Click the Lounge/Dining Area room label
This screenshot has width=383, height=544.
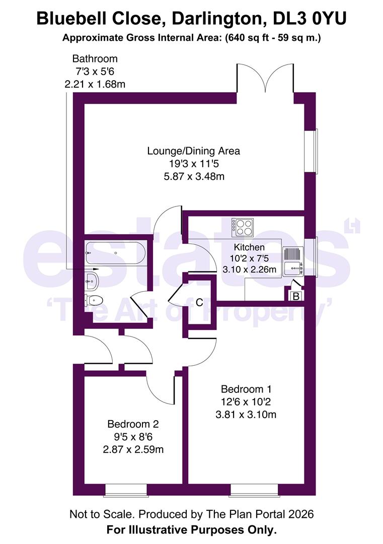coord(193,151)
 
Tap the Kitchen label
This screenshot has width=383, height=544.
coord(249,247)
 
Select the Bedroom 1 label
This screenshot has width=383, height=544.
coord(247,389)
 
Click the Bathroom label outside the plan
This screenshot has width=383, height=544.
coord(95,59)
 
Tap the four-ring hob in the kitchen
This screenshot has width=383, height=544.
coord(242,227)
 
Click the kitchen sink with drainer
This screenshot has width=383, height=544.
coord(292,261)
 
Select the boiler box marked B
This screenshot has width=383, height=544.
coord(296,296)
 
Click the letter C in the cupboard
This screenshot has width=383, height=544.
coord(199,303)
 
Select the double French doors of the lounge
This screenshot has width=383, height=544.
coord(264,79)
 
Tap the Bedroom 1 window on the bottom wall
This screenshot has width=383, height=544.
coord(254,489)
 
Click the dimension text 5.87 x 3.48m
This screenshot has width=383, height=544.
coord(193,177)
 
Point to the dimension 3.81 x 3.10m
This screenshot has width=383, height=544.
coord(247,415)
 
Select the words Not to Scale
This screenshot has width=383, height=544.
coord(102,514)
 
